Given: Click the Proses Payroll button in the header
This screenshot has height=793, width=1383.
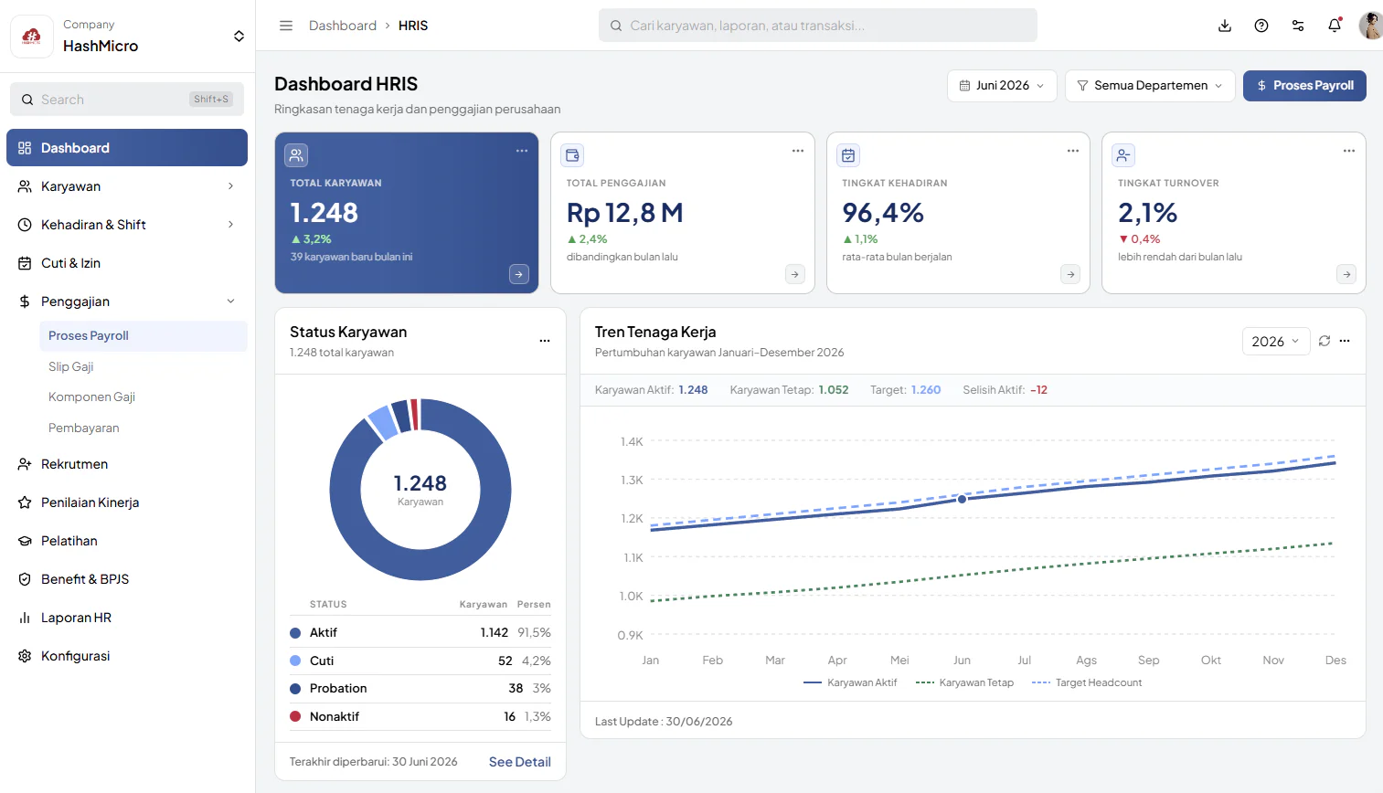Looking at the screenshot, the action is click(1304, 85).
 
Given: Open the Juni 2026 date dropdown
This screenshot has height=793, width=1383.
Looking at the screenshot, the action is click(1002, 85).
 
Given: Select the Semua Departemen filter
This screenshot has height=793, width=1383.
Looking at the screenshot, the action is click(1150, 85).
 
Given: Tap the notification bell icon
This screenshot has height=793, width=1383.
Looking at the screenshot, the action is click(1335, 26).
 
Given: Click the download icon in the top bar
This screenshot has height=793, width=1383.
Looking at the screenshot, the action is click(1224, 26).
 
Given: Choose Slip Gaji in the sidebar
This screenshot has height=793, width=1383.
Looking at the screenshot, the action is click(71, 366).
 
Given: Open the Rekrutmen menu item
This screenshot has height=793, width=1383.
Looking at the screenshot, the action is click(74, 464).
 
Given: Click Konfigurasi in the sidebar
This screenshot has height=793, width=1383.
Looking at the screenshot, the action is click(75, 656).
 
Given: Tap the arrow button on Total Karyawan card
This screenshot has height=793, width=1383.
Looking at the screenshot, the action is click(518, 274).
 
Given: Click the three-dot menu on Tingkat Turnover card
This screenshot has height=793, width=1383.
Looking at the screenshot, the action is click(1348, 151).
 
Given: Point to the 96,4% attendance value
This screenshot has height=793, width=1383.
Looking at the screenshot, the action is click(883, 213).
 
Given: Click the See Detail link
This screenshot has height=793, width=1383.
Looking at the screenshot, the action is click(520, 762).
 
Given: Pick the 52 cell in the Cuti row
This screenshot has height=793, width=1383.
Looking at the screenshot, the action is click(505, 661).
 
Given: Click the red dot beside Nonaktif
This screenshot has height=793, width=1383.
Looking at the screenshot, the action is click(295, 716).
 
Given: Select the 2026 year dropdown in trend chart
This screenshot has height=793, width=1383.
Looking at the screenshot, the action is click(1275, 342).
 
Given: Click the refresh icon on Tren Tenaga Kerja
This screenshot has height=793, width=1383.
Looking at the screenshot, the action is click(1324, 341).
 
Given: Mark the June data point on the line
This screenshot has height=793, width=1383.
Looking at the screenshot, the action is click(962, 499).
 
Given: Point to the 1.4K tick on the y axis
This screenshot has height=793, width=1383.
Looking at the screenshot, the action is click(632, 441).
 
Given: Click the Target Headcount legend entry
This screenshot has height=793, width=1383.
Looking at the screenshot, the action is click(1087, 682).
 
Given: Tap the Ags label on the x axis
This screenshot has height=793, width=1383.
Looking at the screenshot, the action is click(1086, 661).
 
